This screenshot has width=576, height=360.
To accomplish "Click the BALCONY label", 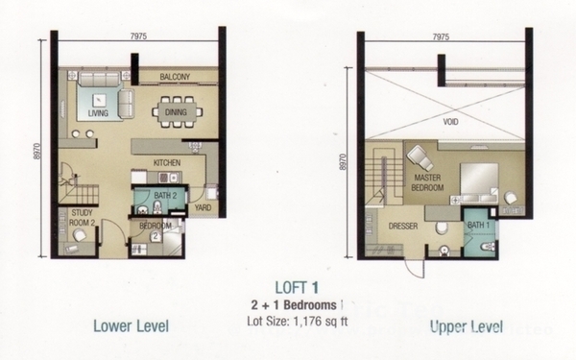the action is tap(175, 77).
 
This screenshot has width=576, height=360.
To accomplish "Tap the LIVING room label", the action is tap(98, 112).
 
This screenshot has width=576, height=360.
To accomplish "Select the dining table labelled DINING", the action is tap(177, 112).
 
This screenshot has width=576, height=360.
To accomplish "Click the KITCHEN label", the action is tap(167, 162).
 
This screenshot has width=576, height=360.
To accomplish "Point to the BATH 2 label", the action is tap(165, 196).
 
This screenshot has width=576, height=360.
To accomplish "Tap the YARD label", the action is tap(203, 207).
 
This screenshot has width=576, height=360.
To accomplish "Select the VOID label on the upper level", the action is tap(450, 122).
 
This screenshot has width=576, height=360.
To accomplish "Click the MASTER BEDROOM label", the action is tap(427, 182).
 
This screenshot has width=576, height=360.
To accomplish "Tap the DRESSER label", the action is tap(403, 226).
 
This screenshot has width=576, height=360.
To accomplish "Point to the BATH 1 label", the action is tap(478, 225).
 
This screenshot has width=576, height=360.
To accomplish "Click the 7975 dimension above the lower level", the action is tap(138, 36).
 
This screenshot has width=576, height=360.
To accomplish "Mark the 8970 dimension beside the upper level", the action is tap(344, 161).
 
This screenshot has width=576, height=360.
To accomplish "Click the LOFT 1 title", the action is tap(297, 288).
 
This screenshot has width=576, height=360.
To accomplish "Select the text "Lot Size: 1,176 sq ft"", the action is tap(298, 321).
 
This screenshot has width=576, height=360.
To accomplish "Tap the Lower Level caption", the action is tap(132, 326).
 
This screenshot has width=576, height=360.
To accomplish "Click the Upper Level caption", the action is tap(467, 326).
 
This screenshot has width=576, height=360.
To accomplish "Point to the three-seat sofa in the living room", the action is tap(100, 79).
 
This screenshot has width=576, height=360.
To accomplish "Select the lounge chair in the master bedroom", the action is tap(420, 158).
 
